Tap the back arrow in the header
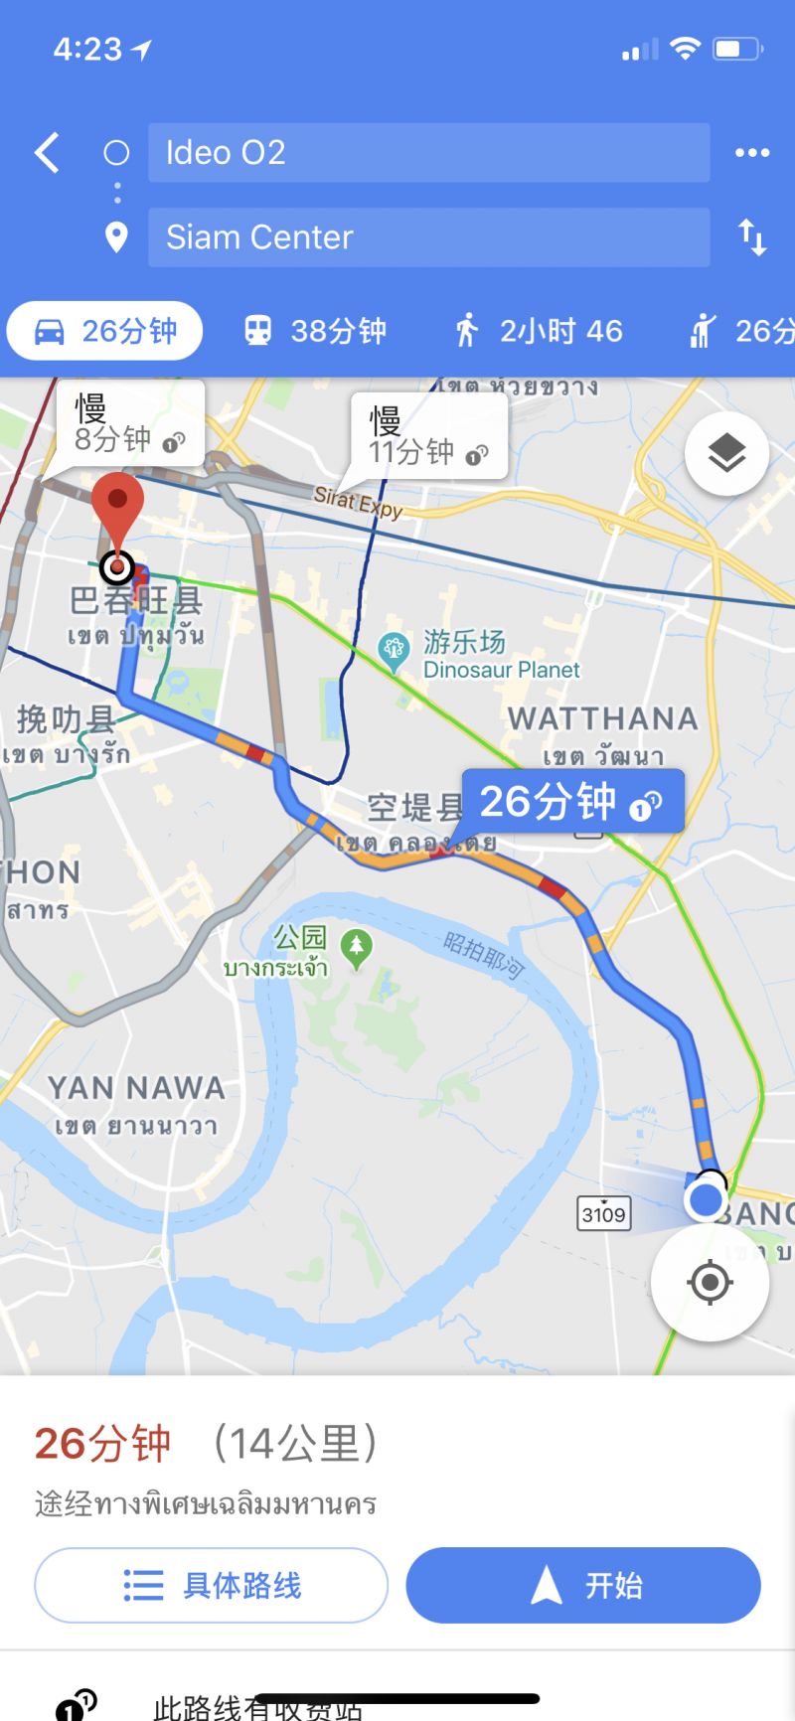coord(47,153)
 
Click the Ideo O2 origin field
coord(428,153)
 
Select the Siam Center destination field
coord(428,237)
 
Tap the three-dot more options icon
coord(751,153)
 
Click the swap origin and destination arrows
coord(751,237)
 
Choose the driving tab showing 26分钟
coord(105,331)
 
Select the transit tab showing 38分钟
coord(315,331)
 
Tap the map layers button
coord(726,454)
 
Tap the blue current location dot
coord(706,1200)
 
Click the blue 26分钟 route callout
coord(571,801)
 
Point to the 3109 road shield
coord(603,1213)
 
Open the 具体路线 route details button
coord(211,1585)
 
